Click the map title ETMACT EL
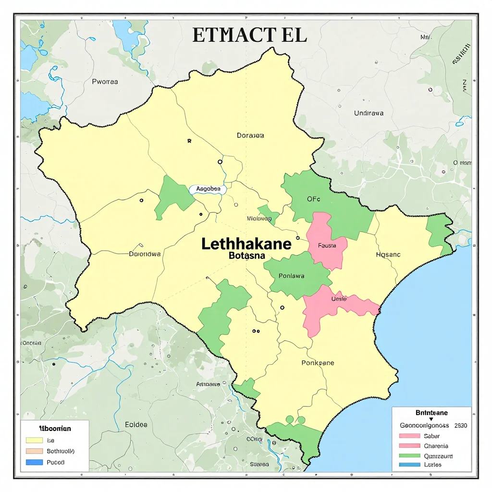(249, 36)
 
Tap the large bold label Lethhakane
(246, 244)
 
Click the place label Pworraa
(105, 82)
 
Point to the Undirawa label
(369, 113)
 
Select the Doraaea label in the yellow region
(250, 135)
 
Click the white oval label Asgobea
(208, 189)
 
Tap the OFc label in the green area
(313, 199)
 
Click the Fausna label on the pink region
(327, 246)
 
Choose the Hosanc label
(388, 255)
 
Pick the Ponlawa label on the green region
(291, 276)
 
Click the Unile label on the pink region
(339, 299)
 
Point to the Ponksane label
(318, 363)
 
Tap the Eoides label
(136, 424)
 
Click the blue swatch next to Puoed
(34, 462)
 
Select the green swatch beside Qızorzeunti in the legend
(409, 455)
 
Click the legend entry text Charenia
(436, 446)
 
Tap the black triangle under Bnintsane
(431, 419)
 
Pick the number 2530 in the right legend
(460, 425)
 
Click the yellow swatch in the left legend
(34, 440)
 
